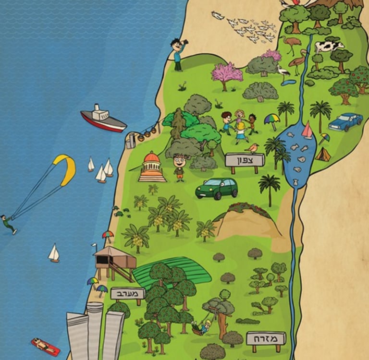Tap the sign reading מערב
point(128,293)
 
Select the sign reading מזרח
point(266,338)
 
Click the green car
point(217,188)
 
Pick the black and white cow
point(329,47)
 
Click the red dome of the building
point(151,158)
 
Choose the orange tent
point(323,155)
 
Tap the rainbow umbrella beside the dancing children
point(271,119)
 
